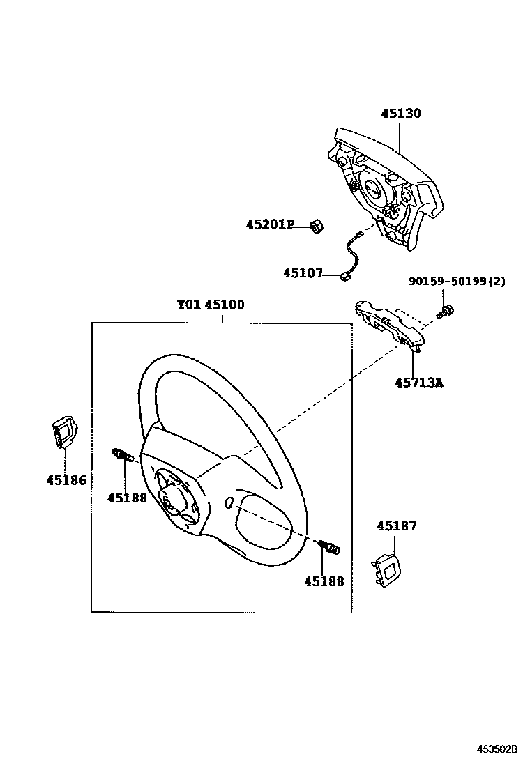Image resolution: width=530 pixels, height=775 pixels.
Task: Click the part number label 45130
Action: pyautogui.click(x=400, y=114)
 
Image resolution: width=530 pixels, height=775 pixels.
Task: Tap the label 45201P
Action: pyautogui.click(x=270, y=224)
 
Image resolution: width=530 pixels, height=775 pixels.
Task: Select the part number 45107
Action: pyautogui.click(x=303, y=273)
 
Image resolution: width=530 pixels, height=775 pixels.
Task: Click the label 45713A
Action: pyautogui.click(x=420, y=383)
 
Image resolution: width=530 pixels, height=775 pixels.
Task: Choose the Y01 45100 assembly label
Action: pyautogui.click(x=210, y=305)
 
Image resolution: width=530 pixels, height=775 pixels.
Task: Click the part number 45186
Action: pyautogui.click(x=66, y=479)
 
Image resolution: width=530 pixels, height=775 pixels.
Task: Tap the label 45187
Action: pyautogui.click(x=397, y=526)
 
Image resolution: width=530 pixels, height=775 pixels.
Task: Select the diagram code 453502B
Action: pyautogui.click(x=497, y=749)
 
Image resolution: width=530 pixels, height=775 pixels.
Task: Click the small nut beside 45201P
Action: pyautogui.click(x=315, y=226)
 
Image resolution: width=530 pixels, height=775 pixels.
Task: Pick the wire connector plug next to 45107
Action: pyautogui.click(x=345, y=277)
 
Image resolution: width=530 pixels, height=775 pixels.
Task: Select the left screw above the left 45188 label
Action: pyautogui.click(x=122, y=456)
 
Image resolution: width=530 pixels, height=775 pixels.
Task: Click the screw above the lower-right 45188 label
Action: pyautogui.click(x=328, y=548)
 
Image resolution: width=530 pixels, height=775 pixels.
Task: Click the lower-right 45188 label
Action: pyautogui.click(x=324, y=580)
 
